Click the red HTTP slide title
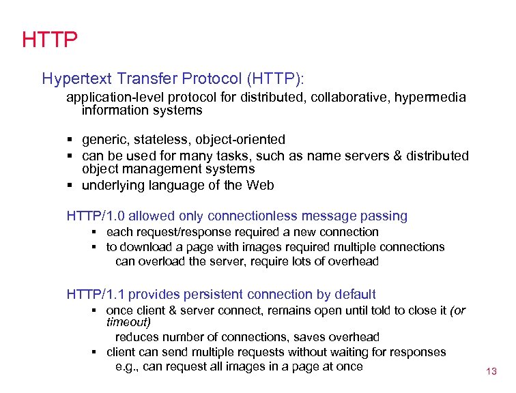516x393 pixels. (49, 39)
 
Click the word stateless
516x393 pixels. (158, 140)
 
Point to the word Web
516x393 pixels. (260, 185)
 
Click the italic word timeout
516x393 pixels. (128, 322)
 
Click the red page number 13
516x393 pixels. (491, 372)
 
